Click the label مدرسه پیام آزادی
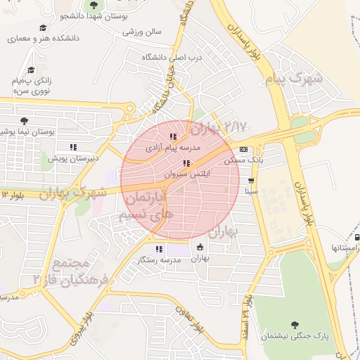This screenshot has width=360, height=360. point(173,148)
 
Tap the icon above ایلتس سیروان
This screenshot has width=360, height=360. point(186,163)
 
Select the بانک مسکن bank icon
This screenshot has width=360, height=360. point(243,149)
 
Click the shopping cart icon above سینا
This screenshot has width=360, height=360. point(251,181)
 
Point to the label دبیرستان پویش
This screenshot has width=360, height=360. point(70,158)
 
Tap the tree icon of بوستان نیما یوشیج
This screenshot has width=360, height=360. point(25,121)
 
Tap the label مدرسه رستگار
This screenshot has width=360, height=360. point(159,259)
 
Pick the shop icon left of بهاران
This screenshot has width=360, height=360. point(200,247)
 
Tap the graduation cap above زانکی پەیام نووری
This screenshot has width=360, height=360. point(30,70)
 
